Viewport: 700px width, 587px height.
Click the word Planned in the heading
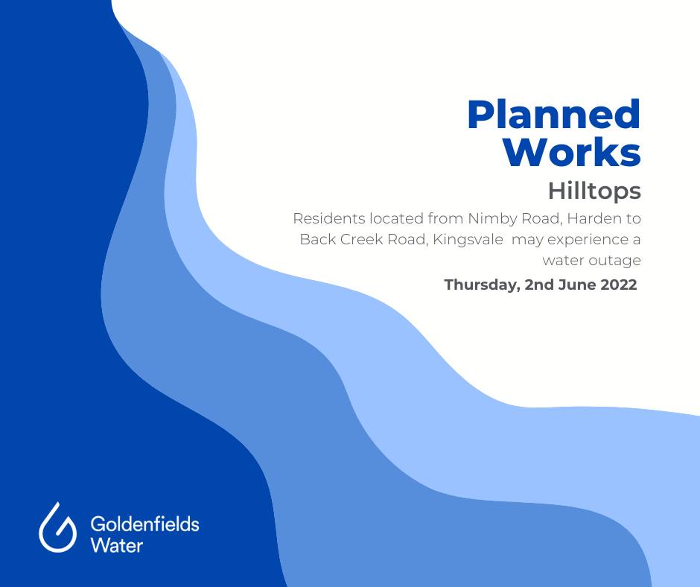(554, 115)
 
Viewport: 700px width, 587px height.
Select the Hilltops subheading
(595, 191)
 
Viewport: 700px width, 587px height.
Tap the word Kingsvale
(468, 240)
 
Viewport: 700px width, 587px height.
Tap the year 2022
(619, 285)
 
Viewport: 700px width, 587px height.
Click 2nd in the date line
(539, 285)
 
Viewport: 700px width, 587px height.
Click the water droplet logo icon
(57, 527)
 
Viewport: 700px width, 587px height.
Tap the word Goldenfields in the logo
(144, 524)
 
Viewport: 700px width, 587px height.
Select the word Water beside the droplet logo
(116, 545)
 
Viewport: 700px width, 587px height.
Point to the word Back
(317, 239)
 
